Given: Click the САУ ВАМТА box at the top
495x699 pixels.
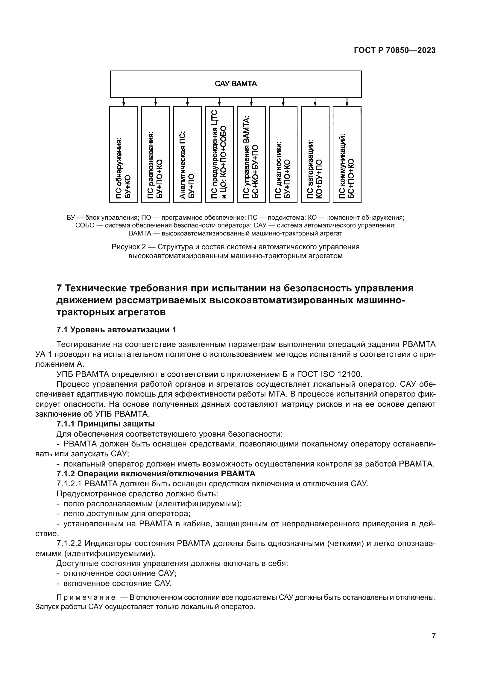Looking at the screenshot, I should click(236, 84).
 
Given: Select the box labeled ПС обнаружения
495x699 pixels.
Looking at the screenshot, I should click(123, 154).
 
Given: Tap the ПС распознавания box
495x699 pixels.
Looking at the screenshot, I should click(155, 154).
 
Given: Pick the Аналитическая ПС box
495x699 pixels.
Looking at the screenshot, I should click(187, 154).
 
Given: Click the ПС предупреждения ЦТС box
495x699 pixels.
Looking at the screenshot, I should click(219, 154).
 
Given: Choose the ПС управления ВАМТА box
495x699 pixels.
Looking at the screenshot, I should click(251, 154).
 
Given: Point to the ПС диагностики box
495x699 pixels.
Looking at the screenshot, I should click(283, 154).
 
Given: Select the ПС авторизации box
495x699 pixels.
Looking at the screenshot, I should click(315, 154).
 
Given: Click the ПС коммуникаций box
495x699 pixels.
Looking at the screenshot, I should click(347, 154).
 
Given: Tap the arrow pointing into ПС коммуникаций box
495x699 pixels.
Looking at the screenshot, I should click(347, 102).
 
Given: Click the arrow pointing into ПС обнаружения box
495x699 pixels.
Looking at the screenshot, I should click(123, 102).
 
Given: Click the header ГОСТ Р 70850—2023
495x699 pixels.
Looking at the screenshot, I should click(395, 51).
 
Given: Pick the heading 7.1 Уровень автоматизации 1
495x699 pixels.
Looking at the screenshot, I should click(116, 330).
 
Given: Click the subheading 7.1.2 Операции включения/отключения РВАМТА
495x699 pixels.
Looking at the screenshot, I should click(156, 474).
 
